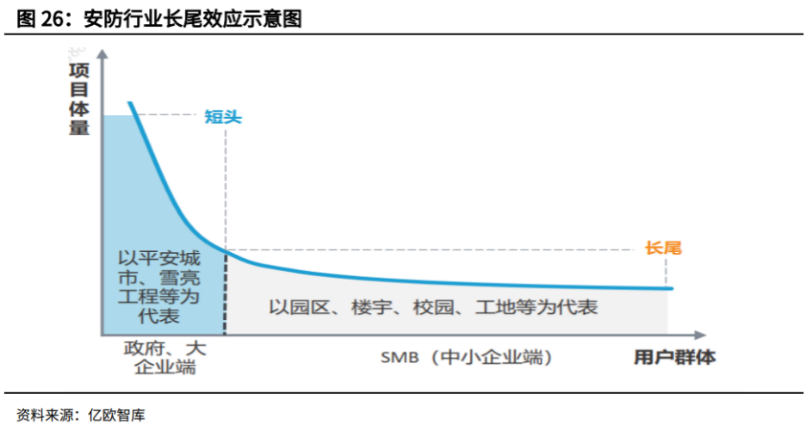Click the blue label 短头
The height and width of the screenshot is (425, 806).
click(223, 116)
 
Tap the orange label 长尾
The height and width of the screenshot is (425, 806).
click(663, 248)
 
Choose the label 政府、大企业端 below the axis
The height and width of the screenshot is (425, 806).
click(164, 358)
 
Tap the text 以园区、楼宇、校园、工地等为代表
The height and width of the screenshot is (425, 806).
click(432, 306)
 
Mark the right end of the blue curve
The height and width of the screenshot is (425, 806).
click(672, 288)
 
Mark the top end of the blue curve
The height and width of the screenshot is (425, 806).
click(131, 103)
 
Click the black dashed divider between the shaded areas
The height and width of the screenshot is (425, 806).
click(225, 293)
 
